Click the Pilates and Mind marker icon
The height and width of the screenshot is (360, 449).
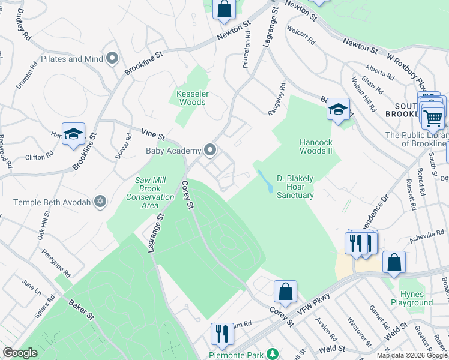[x=112, y=59]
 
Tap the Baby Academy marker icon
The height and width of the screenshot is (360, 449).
[x=210, y=150]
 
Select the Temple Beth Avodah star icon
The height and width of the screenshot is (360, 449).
[x=101, y=202]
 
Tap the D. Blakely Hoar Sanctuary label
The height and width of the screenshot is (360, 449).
[x=295, y=187]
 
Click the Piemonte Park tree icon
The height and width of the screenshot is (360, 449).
[x=273, y=355]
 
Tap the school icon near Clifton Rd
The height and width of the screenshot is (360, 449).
[x=73, y=134]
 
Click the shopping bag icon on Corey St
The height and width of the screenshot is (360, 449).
[x=286, y=292]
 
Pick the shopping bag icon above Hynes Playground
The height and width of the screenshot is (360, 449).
[x=394, y=262]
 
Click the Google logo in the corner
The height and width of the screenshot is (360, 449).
[x=20, y=353]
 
